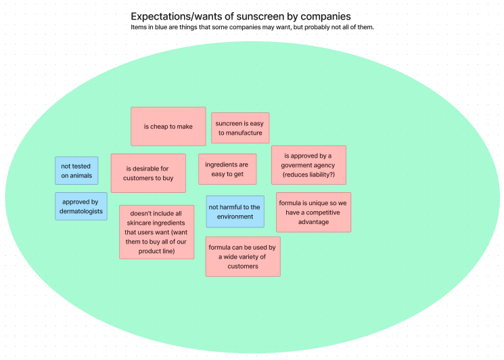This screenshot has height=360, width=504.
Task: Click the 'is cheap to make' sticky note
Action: click(x=168, y=127)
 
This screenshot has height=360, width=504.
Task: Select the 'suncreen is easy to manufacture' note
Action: click(x=239, y=128)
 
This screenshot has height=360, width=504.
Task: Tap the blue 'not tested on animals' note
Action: click(x=76, y=171)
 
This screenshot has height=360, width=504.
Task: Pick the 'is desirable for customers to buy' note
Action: click(x=148, y=173)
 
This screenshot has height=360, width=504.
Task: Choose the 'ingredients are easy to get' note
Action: click(x=227, y=169)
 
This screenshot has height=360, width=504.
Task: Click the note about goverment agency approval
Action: click(x=308, y=165)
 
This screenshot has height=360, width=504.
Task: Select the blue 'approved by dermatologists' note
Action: click(x=81, y=206)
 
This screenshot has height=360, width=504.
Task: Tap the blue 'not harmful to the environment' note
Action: click(x=234, y=212)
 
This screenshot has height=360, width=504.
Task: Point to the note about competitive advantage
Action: click(x=313, y=212)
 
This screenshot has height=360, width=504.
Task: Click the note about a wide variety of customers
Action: click(x=242, y=256)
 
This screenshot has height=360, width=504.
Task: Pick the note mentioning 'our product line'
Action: click(x=156, y=232)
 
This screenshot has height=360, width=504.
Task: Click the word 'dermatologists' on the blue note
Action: click(x=81, y=211)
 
